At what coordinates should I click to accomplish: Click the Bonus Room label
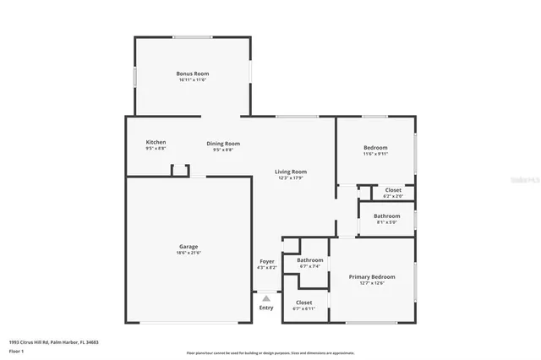192,74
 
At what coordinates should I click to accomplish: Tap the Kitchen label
156,142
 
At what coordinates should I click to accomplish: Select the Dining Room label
223,144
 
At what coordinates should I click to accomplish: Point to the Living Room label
290,172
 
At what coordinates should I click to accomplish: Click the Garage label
189,246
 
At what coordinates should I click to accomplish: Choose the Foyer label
266,261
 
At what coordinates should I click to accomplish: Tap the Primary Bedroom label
372,276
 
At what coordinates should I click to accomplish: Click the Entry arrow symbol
266,298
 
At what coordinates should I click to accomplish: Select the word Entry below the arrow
266,308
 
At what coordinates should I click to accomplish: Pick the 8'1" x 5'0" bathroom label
387,219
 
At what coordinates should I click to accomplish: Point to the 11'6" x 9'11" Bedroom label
375,150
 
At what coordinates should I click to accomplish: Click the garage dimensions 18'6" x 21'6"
189,252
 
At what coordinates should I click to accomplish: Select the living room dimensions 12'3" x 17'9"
290,178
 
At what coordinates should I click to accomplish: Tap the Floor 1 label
16,351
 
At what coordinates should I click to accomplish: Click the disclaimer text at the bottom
270,353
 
